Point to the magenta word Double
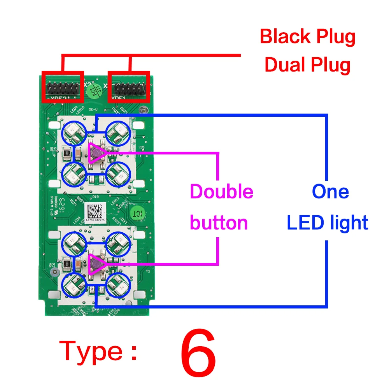(221, 192)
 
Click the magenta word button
(219, 223)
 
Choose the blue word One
(330, 192)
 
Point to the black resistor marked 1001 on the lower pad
(67, 263)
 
